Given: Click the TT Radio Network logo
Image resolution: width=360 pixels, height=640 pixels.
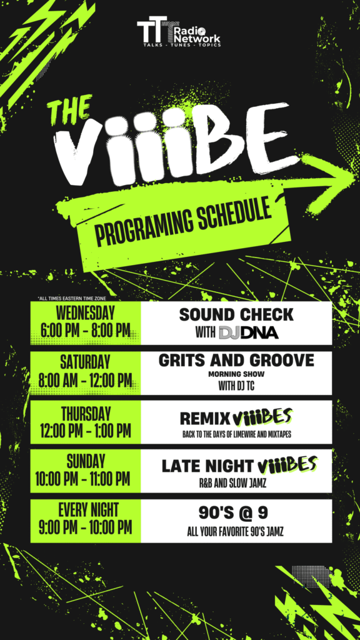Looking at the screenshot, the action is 179,31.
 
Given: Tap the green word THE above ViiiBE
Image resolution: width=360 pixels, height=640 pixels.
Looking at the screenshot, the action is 69,109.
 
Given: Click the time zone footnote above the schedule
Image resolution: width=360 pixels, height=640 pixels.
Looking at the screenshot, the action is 71,298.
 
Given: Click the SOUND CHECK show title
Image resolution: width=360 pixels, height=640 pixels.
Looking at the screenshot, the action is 236,315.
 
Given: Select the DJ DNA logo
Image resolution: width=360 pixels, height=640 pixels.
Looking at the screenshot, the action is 249,332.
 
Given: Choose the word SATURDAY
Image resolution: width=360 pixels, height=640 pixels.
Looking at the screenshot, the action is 85,362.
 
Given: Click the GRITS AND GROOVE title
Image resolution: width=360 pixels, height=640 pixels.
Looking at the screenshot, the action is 236,361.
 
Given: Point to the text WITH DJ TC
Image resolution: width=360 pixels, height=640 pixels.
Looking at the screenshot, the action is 236,386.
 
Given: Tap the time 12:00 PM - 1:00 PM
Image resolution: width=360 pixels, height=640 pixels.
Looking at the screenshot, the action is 86,431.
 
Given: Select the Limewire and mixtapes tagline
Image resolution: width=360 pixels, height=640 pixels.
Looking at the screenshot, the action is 237,435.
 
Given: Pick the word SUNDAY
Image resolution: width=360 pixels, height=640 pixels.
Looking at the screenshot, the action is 86,462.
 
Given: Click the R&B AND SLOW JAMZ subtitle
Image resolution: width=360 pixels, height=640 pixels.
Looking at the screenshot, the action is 236,484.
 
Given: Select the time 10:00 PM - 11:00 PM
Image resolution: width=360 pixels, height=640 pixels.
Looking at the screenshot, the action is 83,479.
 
